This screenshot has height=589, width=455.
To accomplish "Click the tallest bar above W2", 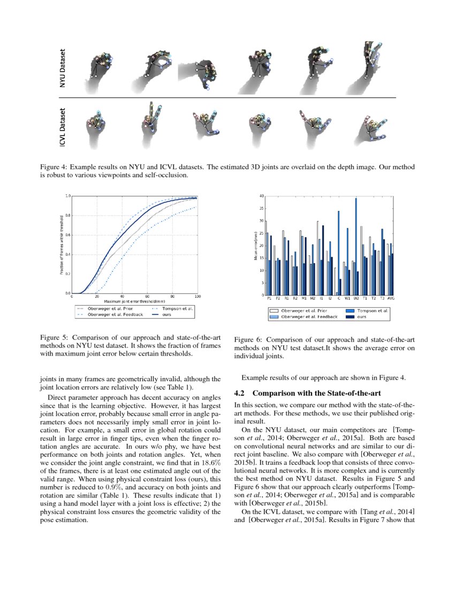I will tap(356, 246).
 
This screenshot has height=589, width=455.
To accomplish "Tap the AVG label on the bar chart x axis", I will tap(390, 299).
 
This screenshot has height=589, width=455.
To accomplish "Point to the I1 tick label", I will tap(321, 299).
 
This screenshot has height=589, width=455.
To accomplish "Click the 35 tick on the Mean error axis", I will tap(260, 208).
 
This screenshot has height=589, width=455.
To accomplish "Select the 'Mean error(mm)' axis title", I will tap(255, 246).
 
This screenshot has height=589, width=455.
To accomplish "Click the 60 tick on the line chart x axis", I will tap(147, 296).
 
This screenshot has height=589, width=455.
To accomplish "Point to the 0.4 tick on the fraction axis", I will tap(67, 254).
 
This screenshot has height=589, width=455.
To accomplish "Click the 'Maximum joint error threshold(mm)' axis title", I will tap(134, 301).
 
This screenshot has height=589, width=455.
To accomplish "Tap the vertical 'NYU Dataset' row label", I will tap(63, 69).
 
